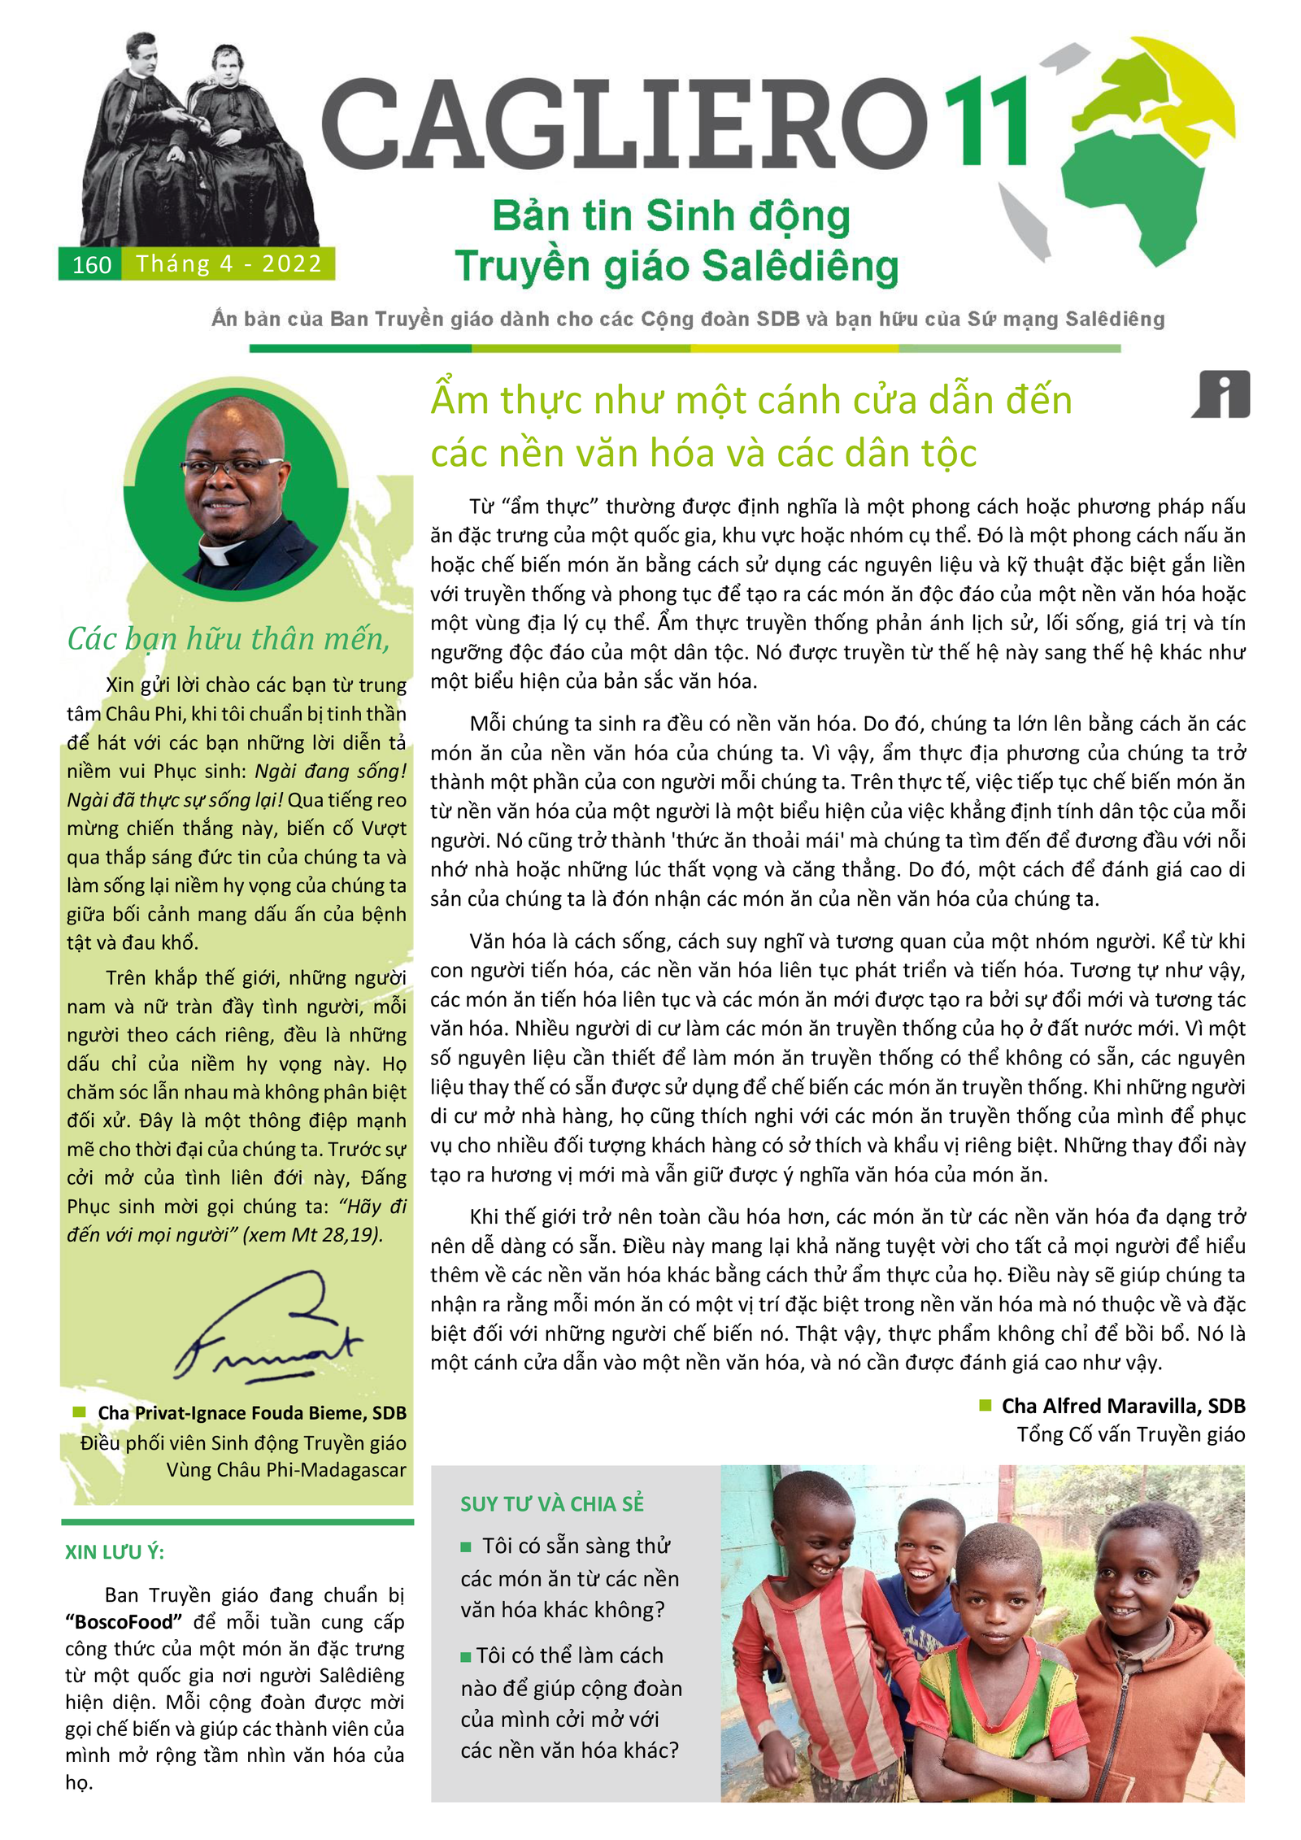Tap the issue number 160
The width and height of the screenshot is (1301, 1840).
pos(91,265)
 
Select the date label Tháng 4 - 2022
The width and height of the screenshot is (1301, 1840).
pos(228,264)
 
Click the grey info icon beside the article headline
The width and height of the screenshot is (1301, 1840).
pos(1222,394)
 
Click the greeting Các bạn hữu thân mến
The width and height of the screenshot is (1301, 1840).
pos(228,639)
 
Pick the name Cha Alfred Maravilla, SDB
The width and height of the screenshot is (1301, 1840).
pos(1122,1406)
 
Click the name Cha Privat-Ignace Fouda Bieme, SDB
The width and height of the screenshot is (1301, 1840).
pos(251,1413)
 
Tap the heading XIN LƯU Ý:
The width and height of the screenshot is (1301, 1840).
pos(115,1552)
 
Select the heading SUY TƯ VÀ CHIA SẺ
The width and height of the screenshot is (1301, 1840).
pos(551,1504)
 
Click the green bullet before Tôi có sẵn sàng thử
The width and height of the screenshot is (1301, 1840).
pos(466,1546)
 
